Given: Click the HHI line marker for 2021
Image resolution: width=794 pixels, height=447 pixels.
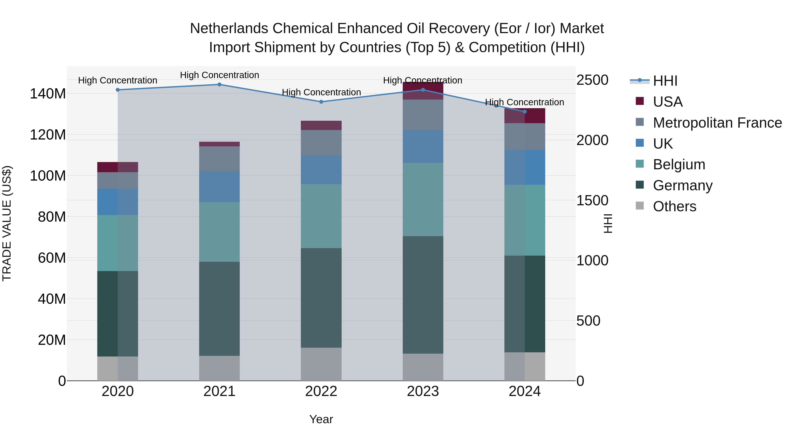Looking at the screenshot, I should [x=219, y=85].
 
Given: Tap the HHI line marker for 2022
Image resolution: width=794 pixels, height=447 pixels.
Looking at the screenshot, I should [x=321, y=102].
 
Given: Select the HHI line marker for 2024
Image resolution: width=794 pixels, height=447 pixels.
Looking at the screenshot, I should [x=525, y=112].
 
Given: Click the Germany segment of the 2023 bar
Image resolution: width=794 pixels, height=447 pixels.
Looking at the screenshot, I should [x=423, y=295].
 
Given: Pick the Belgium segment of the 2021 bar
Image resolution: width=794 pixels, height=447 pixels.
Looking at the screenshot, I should [x=219, y=232].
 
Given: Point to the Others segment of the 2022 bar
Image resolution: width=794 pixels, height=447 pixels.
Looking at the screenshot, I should [x=321, y=364].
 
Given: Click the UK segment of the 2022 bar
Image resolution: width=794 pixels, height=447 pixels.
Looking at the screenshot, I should [x=321, y=170].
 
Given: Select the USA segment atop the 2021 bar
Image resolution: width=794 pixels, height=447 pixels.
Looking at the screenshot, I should [x=219, y=144].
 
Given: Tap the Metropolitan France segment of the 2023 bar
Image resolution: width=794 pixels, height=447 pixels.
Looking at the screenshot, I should [x=423, y=115].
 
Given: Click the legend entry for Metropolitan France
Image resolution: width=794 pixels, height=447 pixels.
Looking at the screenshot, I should [x=717, y=123].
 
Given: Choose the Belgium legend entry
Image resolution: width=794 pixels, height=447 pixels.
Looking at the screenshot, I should [x=679, y=164].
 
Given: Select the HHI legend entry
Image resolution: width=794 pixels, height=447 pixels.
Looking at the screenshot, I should [x=665, y=81].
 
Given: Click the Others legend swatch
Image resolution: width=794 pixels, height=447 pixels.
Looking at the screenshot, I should [x=640, y=206].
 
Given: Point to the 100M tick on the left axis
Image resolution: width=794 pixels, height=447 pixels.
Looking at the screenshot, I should [x=48, y=176].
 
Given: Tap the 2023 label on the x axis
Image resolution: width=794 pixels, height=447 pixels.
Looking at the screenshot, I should [x=423, y=391].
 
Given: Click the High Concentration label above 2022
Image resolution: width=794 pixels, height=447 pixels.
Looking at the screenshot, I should [x=321, y=92].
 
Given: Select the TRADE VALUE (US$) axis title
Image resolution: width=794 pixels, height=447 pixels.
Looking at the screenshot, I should [x=7, y=223].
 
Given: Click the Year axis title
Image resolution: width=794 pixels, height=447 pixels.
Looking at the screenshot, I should [x=321, y=419].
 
